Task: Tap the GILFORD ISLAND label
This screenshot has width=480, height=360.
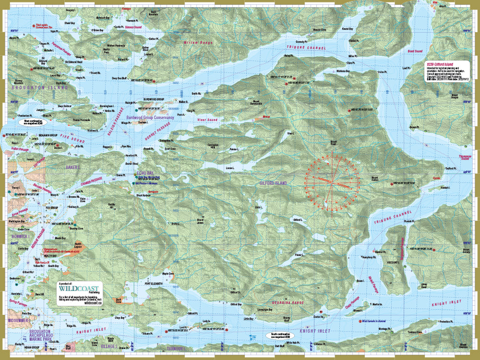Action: [273, 183]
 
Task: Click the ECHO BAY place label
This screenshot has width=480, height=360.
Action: [145, 171]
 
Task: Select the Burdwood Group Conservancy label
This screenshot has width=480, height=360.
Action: [150, 117]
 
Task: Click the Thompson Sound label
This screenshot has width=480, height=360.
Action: [466, 157]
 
